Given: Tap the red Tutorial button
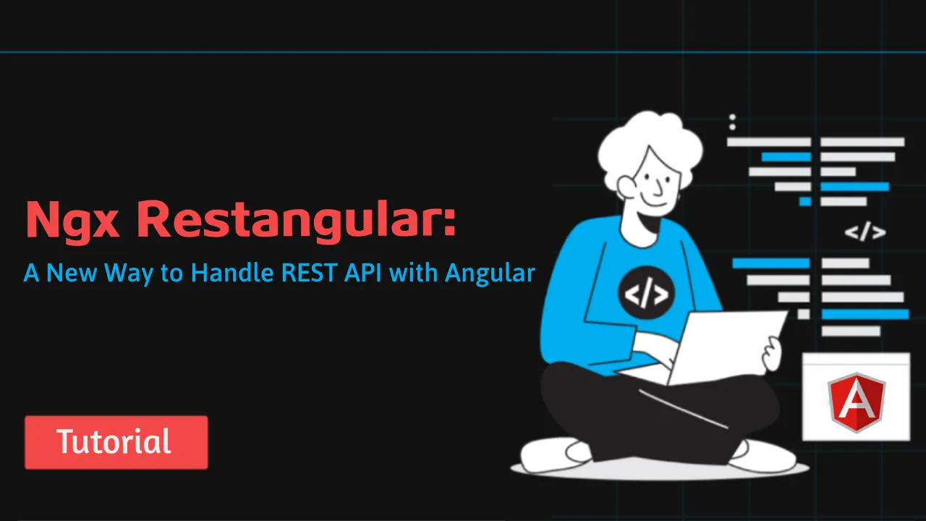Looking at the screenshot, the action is click(x=116, y=442).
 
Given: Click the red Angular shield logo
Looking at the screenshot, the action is click(x=856, y=402).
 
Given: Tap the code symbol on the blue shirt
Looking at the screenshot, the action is click(x=646, y=293).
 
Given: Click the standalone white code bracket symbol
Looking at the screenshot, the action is click(x=865, y=232).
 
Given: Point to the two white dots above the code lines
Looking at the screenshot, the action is click(x=732, y=122).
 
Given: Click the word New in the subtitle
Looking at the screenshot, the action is click(x=72, y=273).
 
